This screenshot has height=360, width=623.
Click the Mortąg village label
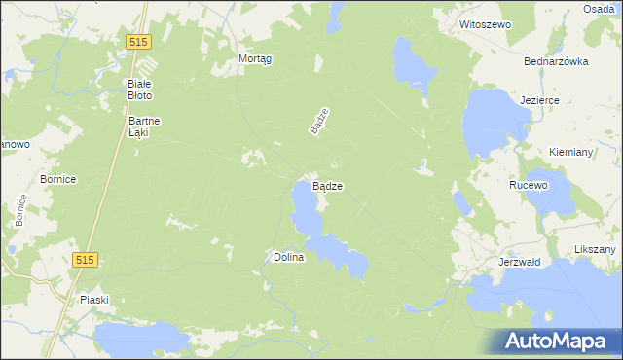[x=255, y=58]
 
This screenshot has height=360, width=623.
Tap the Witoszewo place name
[x=485, y=23]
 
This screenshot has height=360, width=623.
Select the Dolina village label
[x=289, y=257]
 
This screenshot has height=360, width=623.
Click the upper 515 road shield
[x=138, y=40]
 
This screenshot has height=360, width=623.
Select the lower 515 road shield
[x=85, y=259]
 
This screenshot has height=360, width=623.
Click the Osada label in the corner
[x=599, y=8]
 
